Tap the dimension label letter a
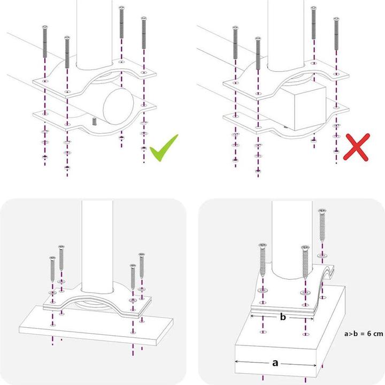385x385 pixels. pos(275,363)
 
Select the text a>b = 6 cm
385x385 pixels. pos(364,334)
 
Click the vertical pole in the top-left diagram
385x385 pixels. pos(96,32)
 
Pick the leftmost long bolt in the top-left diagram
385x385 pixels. pos(44,45)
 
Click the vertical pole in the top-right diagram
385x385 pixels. pos(287,32)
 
